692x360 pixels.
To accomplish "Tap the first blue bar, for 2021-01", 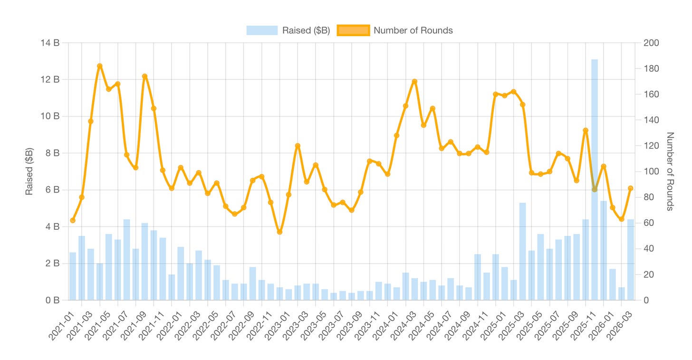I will coord(73,276).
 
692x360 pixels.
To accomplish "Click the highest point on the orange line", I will coord(100,66).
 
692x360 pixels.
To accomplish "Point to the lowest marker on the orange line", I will coord(279,232).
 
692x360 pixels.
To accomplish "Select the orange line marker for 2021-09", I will coord(144,77).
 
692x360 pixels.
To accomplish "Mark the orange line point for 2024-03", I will coord(414,81).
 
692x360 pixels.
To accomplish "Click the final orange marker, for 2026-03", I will coord(631,188).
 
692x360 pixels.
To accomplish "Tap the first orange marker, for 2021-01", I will coord(73,220).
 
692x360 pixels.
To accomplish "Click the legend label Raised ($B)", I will coord(306,30).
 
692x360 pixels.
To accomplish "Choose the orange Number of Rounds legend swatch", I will coord(353,30).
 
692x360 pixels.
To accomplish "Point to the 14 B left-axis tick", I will coord(50,43).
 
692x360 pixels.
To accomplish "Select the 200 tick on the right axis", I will coord(651,43).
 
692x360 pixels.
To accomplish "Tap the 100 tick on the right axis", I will coord(651,172).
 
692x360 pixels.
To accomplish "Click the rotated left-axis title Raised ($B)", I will coord(29,172).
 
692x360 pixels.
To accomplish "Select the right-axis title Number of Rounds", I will coord(670,171).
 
